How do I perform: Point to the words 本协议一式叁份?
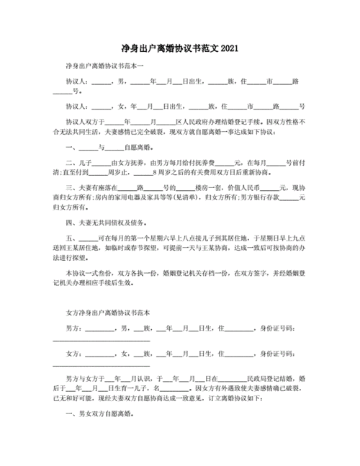(x=89, y=273)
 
